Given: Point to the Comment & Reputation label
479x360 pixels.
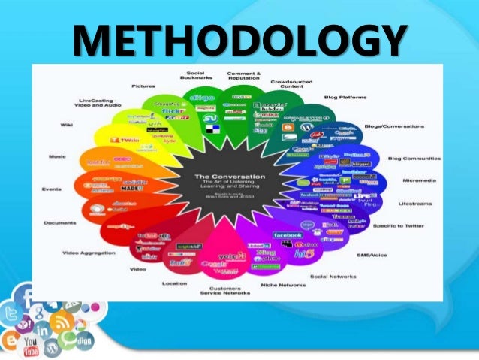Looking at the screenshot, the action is [x=244, y=77].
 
